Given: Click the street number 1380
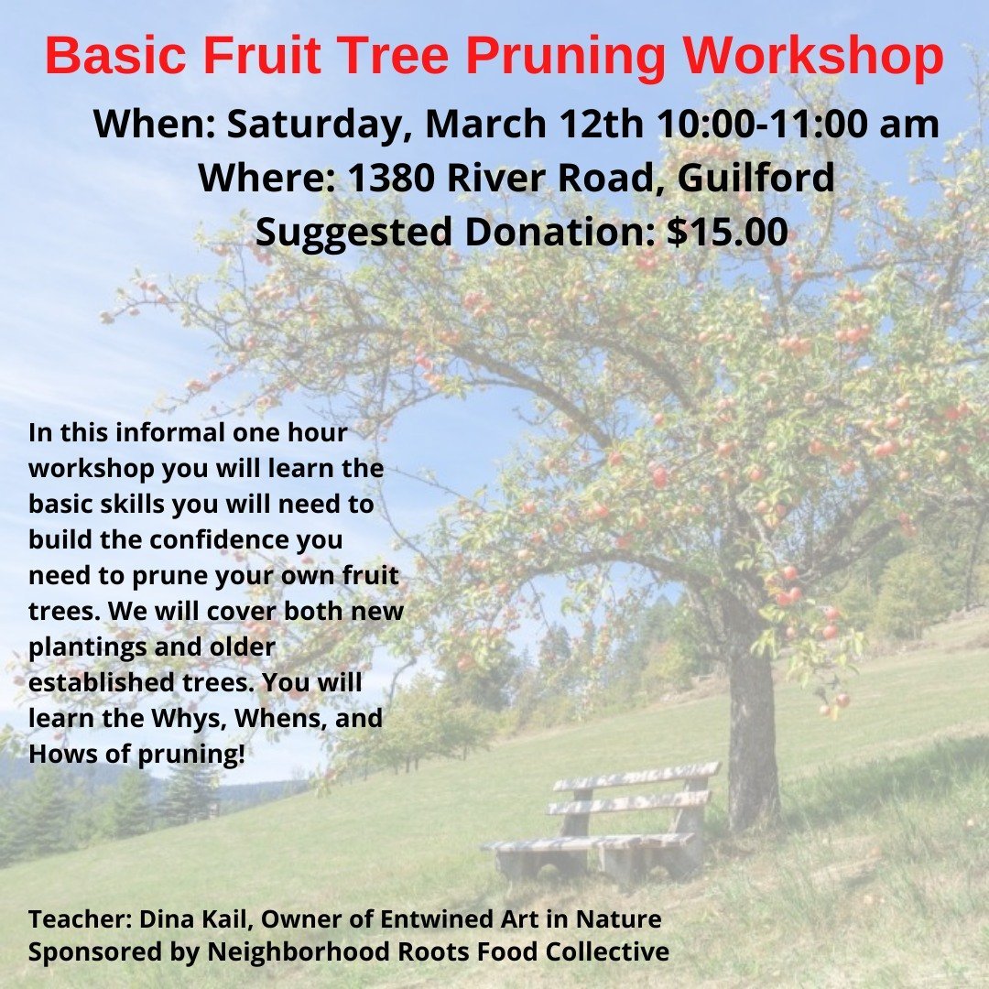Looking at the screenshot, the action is coord(390,178).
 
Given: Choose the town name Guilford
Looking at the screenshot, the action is coord(756,178).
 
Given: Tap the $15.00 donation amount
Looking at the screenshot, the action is coord(727,232).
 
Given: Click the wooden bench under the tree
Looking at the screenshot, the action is coord(603,820).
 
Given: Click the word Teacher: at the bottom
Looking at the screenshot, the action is coord(80,919).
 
